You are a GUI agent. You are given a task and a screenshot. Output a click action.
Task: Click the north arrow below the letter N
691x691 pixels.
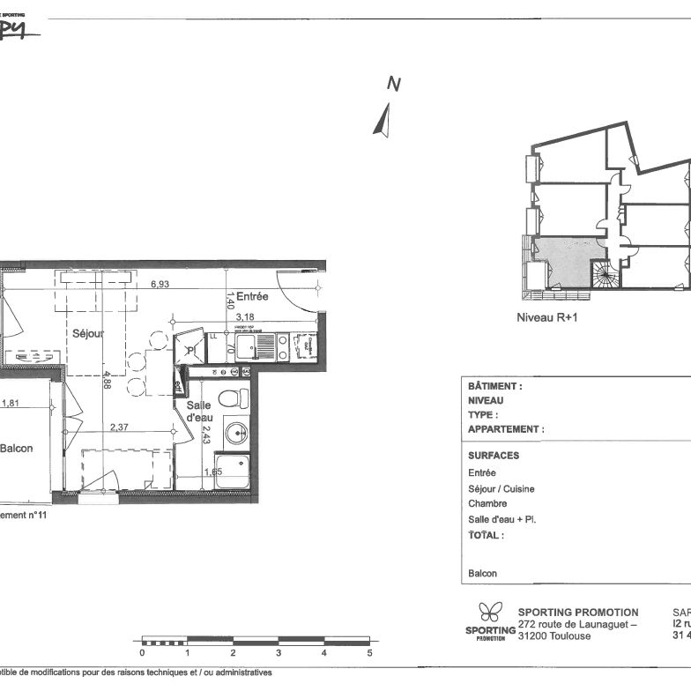point(382,120)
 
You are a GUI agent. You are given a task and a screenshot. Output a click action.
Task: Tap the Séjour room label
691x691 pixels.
point(88,334)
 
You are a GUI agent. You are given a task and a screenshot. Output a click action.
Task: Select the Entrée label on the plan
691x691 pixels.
point(251,296)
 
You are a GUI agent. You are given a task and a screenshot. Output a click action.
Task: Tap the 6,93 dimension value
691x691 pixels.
point(160,285)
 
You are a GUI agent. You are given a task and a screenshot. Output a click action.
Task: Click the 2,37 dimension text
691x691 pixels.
point(120,428)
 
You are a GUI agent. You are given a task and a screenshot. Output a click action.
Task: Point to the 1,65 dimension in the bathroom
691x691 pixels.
point(212,472)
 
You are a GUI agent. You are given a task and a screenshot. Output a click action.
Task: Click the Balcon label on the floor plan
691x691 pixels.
point(16,449)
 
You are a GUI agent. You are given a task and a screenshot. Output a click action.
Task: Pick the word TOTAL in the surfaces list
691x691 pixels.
point(486,535)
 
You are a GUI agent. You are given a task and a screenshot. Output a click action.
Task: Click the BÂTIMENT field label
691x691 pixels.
point(495,386)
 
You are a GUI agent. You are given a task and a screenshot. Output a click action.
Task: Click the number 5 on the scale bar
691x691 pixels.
point(369,653)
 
